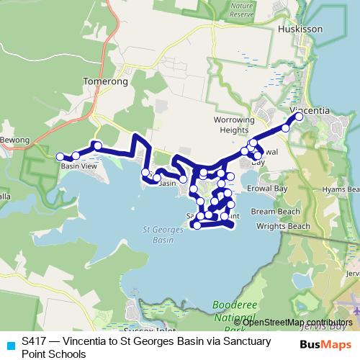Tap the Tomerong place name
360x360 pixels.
click(x=105, y=82)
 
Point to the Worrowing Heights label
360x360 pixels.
click(x=235, y=125)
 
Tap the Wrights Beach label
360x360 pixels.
click(x=282, y=226)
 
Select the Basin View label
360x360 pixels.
click(x=78, y=166)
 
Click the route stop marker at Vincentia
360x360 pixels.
click(x=300, y=117)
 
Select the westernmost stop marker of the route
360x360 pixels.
click(x=60, y=156)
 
